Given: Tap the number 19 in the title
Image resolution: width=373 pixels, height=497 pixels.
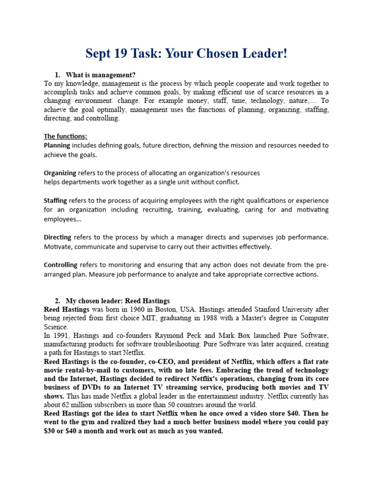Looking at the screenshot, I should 127,53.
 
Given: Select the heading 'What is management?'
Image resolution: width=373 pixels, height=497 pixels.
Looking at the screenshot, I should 101,75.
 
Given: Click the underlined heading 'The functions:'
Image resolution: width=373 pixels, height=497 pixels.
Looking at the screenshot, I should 66,136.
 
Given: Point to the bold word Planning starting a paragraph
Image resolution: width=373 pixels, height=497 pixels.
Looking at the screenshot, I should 57,145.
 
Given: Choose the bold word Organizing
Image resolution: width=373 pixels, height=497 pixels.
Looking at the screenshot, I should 60,173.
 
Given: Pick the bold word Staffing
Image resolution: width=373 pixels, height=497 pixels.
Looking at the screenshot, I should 55,200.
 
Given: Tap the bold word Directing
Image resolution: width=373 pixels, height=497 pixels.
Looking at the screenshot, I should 57,237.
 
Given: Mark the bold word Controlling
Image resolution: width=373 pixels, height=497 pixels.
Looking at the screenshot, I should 60,265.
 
